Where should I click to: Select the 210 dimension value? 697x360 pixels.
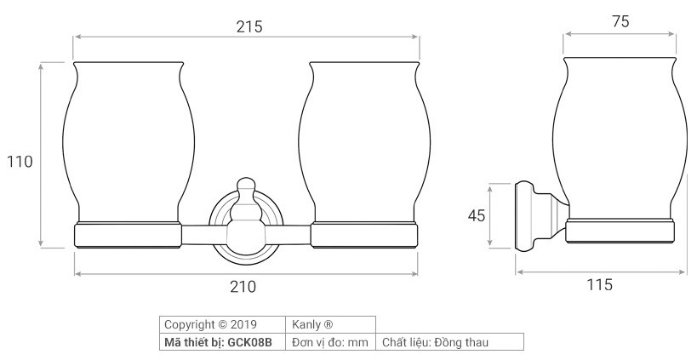[243, 287]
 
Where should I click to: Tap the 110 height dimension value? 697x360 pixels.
[20, 162]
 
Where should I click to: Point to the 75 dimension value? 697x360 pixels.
[620, 22]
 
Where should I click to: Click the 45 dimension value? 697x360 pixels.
[476, 216]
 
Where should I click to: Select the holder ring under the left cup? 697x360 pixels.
[128, 235]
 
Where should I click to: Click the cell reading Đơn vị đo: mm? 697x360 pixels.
[329, 342]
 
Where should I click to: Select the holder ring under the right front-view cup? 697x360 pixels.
[364, 235]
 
